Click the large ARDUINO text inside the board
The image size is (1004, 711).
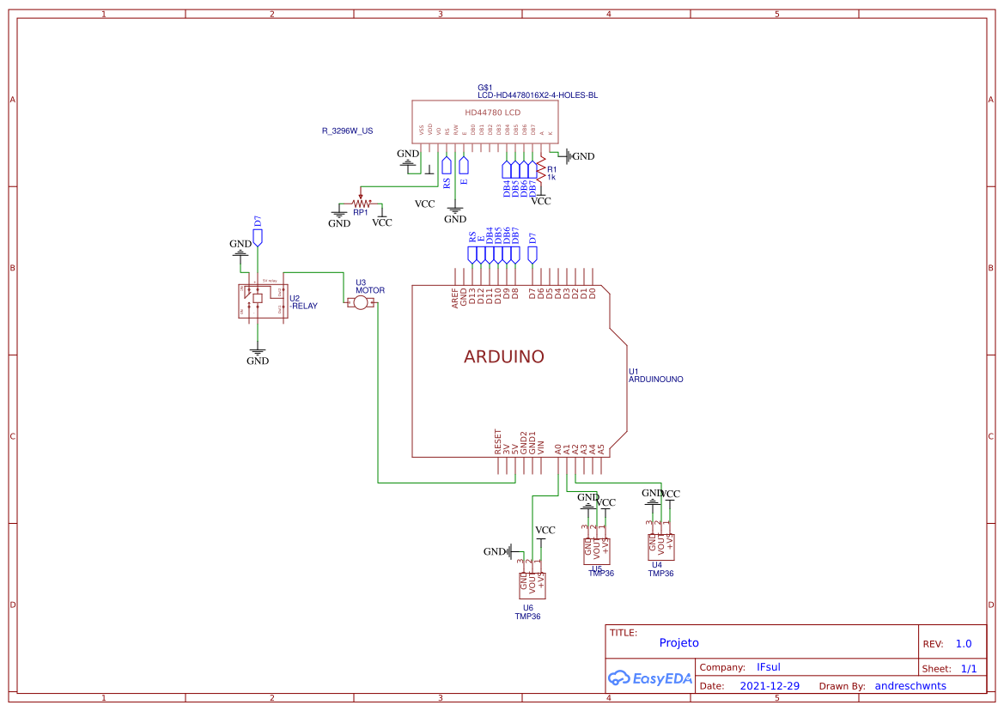pos(504,357)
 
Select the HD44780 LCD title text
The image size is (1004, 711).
pos(492,112)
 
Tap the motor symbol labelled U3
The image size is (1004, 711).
pos(361,303)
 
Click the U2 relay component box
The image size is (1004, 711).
pos(262,301)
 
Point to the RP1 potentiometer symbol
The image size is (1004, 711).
pos(361,203)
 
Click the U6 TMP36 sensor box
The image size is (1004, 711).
pos(532,585)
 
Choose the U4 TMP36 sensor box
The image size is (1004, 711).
pos(660,544)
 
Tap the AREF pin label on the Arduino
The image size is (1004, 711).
pos(455,297)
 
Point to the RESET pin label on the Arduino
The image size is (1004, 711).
pos(497,441)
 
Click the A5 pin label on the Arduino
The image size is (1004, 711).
pos(601,448)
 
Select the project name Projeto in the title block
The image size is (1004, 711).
pos(678,643)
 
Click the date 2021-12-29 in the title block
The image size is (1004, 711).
pos(770,686)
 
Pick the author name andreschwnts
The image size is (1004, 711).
pos(910,686)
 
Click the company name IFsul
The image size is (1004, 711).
pos(768,667)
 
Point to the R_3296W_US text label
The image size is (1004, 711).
pos(347,131)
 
